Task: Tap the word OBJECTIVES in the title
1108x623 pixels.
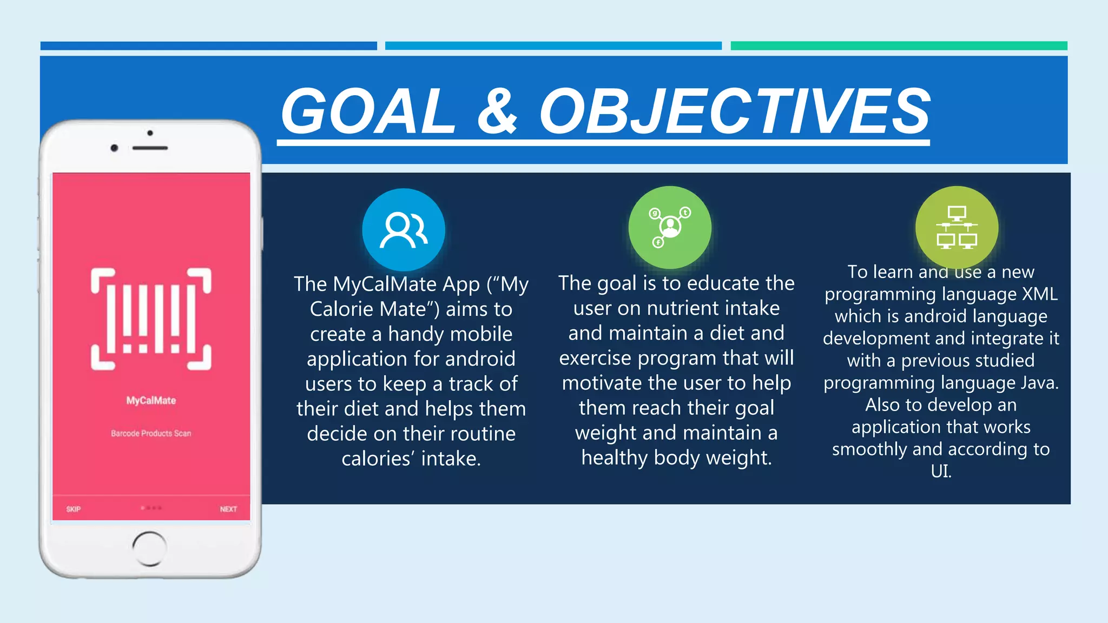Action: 735,111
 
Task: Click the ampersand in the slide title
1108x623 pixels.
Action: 498,111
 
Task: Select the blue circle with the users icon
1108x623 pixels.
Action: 404,229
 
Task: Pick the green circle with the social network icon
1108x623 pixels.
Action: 670,227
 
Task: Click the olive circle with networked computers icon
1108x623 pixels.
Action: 957,227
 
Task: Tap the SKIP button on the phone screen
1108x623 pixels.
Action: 74,509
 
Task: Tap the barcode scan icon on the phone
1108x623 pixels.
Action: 151,319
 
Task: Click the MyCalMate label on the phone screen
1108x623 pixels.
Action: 151,401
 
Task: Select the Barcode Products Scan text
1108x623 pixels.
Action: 151,433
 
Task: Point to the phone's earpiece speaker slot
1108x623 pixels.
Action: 150,148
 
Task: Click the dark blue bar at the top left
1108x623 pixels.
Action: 208,46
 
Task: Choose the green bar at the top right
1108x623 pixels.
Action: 899,46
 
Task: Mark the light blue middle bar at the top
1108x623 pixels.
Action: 553,46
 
